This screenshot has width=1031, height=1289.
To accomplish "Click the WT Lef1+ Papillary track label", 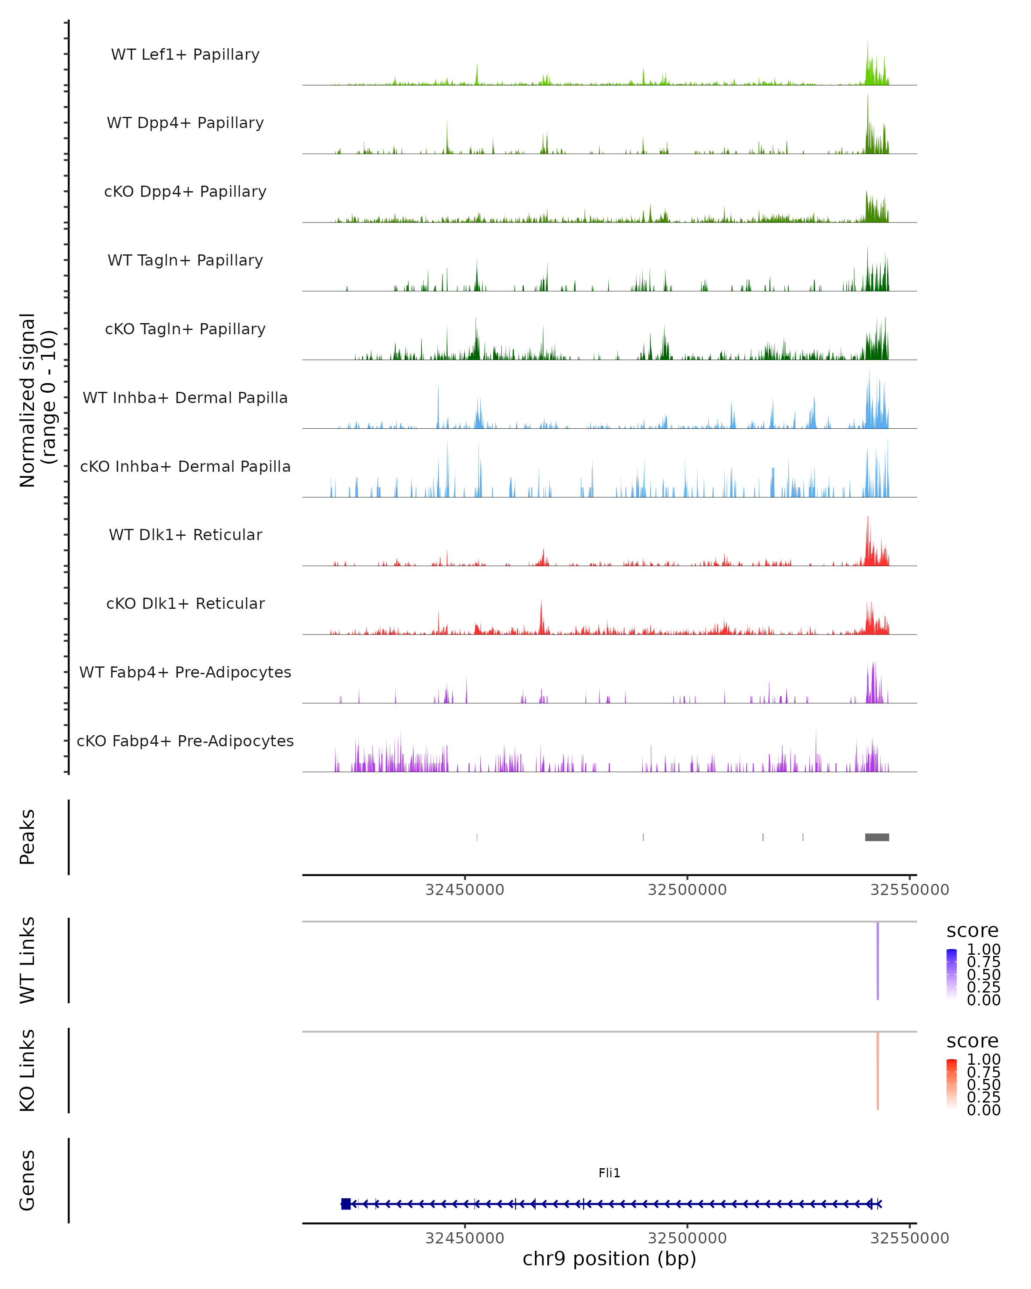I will coord(185,55).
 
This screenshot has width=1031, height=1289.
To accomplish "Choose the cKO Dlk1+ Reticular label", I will coord(185,603).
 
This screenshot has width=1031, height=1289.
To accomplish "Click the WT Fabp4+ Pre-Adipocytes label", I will coord(185,672).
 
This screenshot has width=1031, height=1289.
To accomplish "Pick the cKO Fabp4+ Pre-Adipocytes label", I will coord(185,741).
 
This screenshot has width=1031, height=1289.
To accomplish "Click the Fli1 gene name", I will coord(609,1173).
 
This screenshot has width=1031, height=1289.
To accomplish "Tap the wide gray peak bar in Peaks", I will coord(877,837).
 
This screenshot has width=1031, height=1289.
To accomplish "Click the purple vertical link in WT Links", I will coord(877,961).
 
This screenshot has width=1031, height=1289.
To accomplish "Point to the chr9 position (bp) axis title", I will coord(609,1258).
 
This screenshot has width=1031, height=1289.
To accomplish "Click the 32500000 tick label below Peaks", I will coord(687,890).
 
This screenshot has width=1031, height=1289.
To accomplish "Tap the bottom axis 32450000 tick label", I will coord(464,1238).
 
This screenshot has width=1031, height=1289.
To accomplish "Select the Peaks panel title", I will coord(27,837).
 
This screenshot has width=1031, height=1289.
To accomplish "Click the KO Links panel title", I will coord(27,1070).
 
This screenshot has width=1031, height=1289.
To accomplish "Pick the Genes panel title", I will coord(27,1181).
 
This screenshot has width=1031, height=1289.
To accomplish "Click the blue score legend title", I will coord(972,931).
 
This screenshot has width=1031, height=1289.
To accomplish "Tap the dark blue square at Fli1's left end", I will coord(345,1204).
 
